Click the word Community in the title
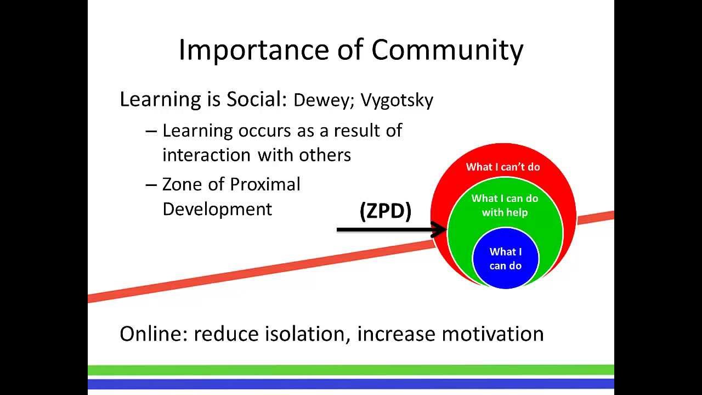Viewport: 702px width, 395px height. pos(447,49)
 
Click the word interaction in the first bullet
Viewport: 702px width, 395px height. pos(207,155)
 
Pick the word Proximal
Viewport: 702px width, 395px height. pos(265,184)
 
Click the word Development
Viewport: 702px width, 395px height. pos(217,209)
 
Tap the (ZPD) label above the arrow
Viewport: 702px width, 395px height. pos(386,211)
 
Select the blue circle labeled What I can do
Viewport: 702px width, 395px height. pos(505,258)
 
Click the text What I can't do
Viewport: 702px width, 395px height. pos(503,167)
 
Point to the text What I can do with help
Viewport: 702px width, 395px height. pos(505,205)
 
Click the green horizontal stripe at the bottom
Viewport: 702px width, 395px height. pos(351,370)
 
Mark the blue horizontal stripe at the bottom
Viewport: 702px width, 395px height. pos(351,383)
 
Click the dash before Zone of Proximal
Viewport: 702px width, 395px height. pos(151,185)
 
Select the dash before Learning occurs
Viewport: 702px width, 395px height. pos(151,131)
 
